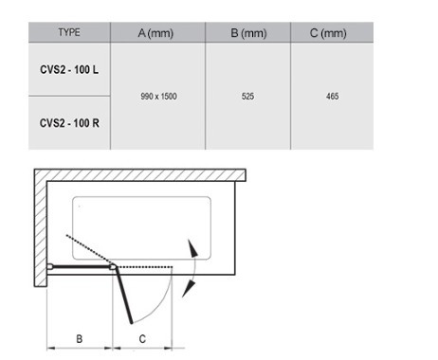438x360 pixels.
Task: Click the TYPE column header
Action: (x=69, y=32)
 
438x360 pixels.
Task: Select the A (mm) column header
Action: (x=155, y=33)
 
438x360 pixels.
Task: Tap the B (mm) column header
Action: (x=248, y=33)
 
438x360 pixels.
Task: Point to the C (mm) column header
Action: (x=328, y=33)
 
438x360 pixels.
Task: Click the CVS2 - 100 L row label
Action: (x=69, y=69)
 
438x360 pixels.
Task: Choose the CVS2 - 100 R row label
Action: (x=69, y=123)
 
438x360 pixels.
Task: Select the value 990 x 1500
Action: (x=158, y=97)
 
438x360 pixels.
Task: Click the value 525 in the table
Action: (x=247, y=97)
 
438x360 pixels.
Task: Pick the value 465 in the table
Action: (x=333, y=97)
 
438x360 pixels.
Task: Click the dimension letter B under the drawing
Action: (x=80, y=339)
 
